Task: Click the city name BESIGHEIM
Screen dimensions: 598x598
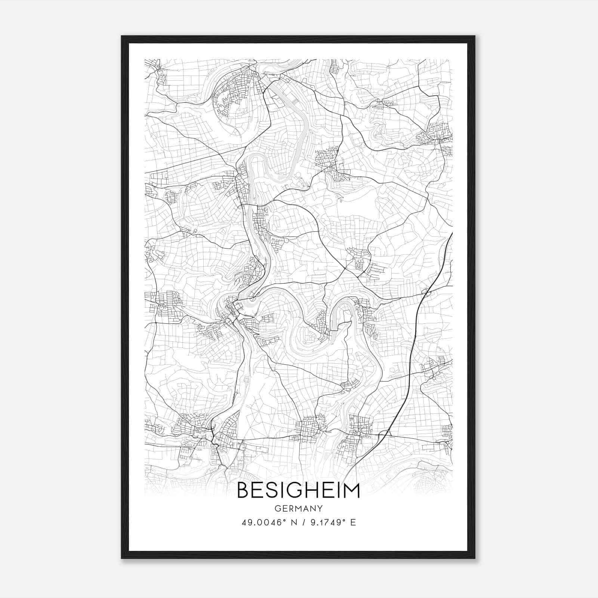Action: [x=298, y=490]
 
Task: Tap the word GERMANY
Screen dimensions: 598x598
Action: [x=299, y=508]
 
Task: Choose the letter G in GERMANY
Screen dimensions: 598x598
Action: [x=277, y=508]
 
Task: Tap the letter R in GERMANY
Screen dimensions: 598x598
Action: [x=291, y=508]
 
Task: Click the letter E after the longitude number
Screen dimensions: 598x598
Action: [x=353, y=522]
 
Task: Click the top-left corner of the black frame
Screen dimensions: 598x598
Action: [x=122, y=36]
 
